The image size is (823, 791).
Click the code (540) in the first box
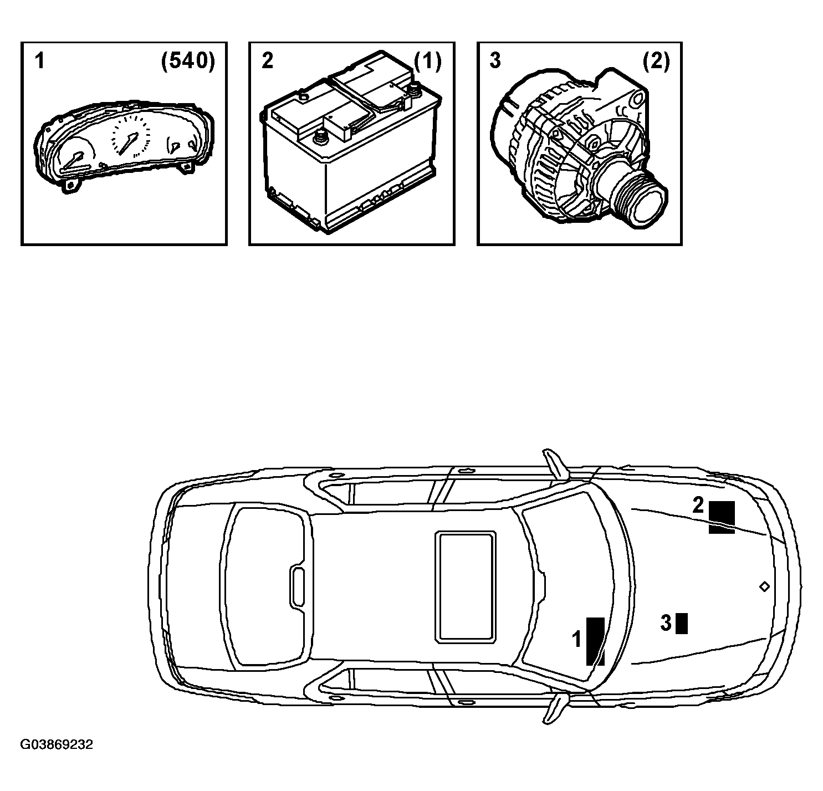(x=188, y=61)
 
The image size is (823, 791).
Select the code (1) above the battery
(x=427, y=61)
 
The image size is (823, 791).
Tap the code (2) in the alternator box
(x=656, y=61)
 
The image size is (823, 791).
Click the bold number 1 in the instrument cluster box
(x=39, y=61)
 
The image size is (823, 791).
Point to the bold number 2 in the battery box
(x=267, y=61)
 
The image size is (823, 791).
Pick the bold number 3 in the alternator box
(x=495, y=61)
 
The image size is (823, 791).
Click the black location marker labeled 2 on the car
(x=722, y=517)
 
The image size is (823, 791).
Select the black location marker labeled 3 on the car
(x=681, y=623)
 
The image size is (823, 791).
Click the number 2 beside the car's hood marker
(x=698, y=505)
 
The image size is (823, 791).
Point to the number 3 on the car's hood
(x=666, y=623)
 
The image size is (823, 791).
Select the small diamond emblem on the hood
(x=764, y=586)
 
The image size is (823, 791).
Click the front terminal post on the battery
(x=320, y=137)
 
